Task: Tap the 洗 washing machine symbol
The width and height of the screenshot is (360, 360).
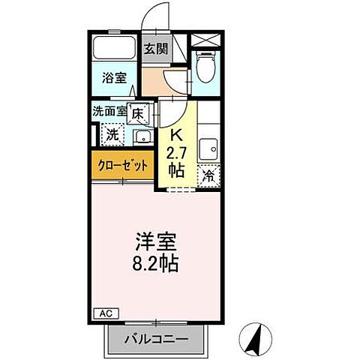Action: point(111,136)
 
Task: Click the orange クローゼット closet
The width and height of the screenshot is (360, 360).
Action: point(123,165)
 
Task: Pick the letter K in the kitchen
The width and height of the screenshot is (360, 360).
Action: point(177,136)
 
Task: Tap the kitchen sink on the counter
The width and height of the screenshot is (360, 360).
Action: point(208,147)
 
